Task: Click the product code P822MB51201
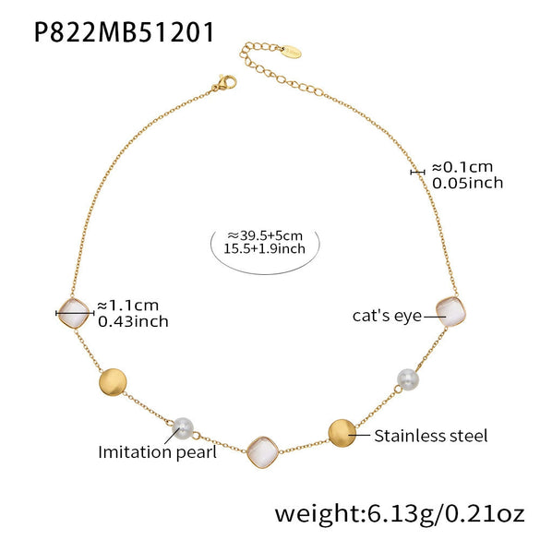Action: click(124, 32)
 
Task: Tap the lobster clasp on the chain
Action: click(224, 83)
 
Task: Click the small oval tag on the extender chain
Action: click(291, 52)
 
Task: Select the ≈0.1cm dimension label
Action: click(462, 167)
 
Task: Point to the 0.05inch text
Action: click(467, 183)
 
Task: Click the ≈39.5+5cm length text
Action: click(265, 236)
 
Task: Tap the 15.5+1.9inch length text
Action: click(265, 248)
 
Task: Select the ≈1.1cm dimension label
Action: click(128, 306)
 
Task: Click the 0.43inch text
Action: click(133, 321)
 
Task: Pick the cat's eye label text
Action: click(387, 316)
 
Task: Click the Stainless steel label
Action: click(431, 436)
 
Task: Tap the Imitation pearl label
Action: click(158, 452)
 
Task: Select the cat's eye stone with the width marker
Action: click(73, 313)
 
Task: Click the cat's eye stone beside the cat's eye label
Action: click(450, 312)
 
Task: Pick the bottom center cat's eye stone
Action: click(262, 452)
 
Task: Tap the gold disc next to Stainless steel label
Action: click(342, 433)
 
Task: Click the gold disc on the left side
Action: click(113, 382)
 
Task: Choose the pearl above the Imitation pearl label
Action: click(183, 428)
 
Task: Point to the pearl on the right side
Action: click(408, 379)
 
